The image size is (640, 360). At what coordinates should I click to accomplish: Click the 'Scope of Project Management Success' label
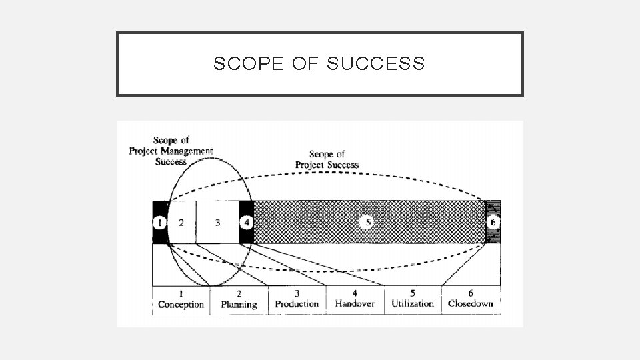171,151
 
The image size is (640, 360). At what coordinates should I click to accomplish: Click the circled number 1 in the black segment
159,222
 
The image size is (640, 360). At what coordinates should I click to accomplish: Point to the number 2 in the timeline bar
181,222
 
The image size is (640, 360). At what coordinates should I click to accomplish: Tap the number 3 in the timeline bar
218,222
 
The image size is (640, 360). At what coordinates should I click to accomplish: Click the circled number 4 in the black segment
247,222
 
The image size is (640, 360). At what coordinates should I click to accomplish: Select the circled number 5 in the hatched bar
365,222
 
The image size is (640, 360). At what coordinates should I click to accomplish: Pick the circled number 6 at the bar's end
493,222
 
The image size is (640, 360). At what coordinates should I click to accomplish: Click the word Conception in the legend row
181,305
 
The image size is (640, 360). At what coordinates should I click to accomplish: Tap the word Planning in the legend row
239,305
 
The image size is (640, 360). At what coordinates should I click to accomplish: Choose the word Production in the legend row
297,304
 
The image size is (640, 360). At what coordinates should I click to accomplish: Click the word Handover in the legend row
355,304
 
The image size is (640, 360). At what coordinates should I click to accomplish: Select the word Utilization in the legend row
413,304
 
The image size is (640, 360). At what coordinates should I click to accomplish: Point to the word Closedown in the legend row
471,304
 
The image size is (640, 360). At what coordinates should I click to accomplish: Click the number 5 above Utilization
413,293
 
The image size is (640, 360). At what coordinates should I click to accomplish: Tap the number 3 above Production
297,293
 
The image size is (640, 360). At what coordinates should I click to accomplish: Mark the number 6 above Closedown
471,293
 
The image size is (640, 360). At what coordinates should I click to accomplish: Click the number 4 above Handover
355,293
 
